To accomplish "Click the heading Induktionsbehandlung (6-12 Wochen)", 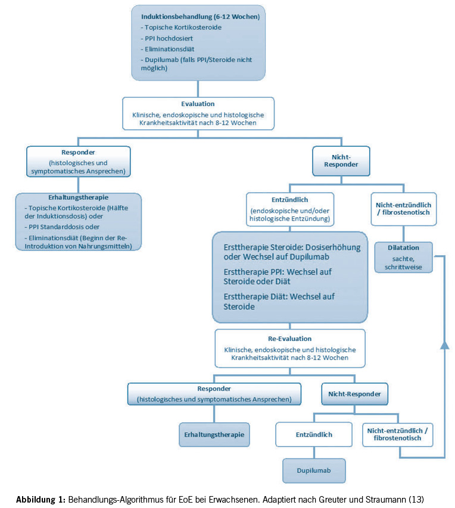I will point(200,17).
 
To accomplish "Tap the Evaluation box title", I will point(198,103).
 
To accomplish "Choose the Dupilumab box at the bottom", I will point(313,470).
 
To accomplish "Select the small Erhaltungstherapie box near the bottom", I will point(214,435).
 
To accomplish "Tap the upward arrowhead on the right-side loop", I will point(444,345).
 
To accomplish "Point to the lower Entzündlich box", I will point(313,435).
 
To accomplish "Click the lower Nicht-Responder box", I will point(354,394).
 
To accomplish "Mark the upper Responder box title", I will point(78,152).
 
